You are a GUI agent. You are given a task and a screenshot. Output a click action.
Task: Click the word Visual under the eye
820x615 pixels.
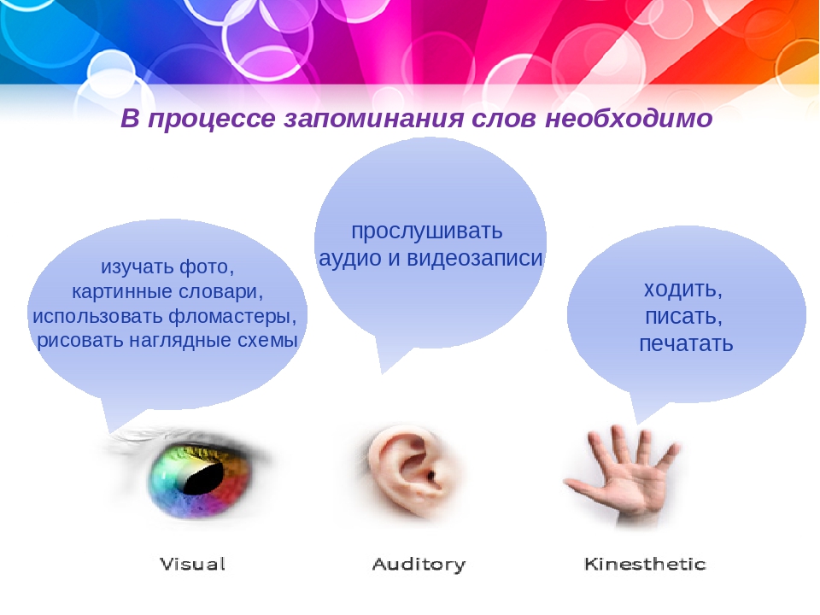tap(192, 564)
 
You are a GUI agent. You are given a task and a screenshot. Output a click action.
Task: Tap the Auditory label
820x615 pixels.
tap(419, 565)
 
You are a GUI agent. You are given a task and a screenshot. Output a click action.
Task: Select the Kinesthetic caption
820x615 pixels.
tap(645, 564)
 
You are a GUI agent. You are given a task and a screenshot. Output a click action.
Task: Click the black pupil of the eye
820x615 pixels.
tap(204, 478)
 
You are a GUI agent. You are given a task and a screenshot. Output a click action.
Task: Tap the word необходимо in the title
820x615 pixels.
tap(629, 118)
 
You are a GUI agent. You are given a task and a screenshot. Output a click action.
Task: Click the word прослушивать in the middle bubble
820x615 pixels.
tap(427, 231)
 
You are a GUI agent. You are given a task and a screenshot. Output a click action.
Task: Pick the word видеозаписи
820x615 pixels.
tap(475, 258)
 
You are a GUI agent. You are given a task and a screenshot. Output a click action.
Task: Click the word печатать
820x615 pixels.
tap(686, 343)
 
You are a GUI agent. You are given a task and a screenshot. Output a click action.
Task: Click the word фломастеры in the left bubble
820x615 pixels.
tap(232, 316)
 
